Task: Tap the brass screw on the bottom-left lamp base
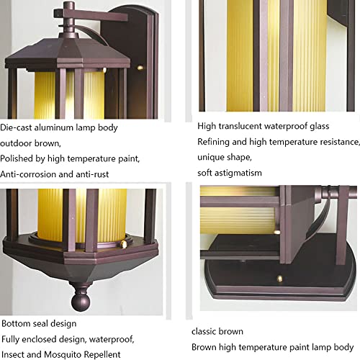pos(123,244)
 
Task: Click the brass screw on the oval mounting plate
pos(279,279)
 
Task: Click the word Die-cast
pos(16,127)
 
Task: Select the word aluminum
pos(54,127)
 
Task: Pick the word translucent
pos(240,126)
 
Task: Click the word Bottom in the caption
pos(16,323)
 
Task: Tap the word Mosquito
pos(63,354)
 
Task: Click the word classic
pos(204,331)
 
